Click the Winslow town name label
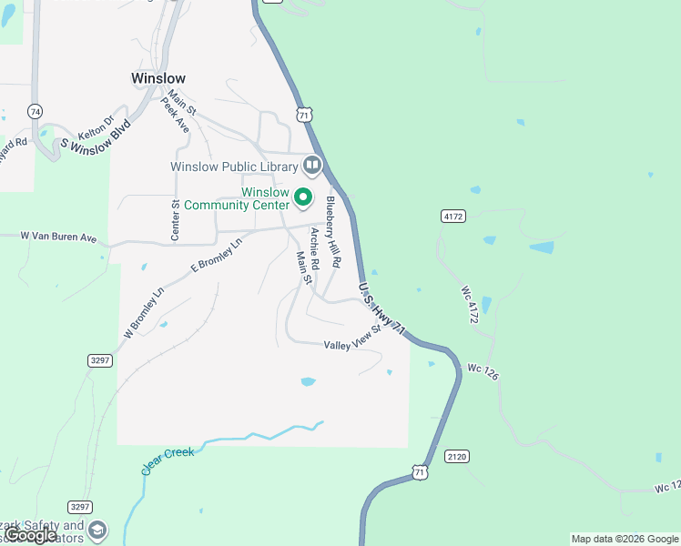[158, 78]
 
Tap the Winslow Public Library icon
[312, 165]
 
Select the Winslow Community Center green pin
[307, 197]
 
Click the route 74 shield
[35, 111]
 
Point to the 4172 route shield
[452, 217]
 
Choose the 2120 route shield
[456, 455]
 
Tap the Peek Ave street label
[176, 116]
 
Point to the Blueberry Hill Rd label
[334, 231]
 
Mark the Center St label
[176, 221]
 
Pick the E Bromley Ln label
[217, 257]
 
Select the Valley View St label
[351, 339]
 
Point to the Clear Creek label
[168, 460]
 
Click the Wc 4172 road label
[471, 306]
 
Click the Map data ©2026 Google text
[624, 539]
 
